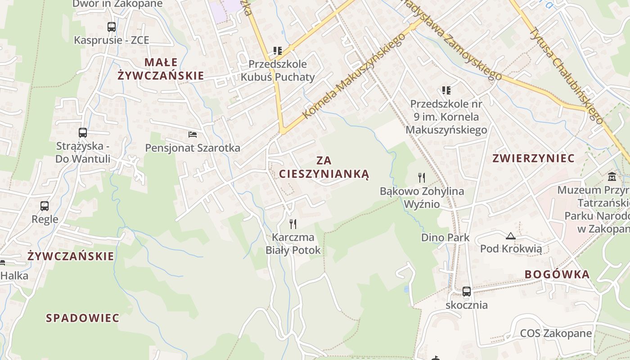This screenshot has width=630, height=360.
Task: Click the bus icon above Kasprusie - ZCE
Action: point(112,27)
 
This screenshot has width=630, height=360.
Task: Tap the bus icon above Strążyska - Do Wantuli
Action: point(83,133)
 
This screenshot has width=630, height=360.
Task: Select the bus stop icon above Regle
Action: point(45,206)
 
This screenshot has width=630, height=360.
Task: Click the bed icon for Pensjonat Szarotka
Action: point(193,135)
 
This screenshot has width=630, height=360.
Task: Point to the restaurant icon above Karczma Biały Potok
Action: point(293,224)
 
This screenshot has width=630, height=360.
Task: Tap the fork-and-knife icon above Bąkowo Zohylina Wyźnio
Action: point(422,178)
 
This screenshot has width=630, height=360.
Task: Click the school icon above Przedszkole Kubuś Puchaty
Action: point(277,51)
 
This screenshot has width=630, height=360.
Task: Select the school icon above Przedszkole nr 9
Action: point(446,90)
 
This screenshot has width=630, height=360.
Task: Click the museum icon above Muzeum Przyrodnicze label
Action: point(612,176)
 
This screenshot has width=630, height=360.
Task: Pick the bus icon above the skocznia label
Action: point(467,292)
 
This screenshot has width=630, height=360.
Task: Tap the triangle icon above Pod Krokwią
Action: point(511,236)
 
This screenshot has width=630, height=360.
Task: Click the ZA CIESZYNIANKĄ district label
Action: point(324,167)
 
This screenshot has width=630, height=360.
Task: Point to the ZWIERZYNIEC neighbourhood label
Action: point(533,158)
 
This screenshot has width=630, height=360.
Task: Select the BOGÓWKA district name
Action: point(557,274)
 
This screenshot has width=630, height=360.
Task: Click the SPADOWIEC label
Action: point(83,318)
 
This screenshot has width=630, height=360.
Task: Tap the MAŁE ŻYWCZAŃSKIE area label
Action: point(161,69)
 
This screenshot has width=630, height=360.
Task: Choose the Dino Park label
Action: point(445,238)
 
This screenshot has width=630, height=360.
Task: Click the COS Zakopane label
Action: point(556,333)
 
